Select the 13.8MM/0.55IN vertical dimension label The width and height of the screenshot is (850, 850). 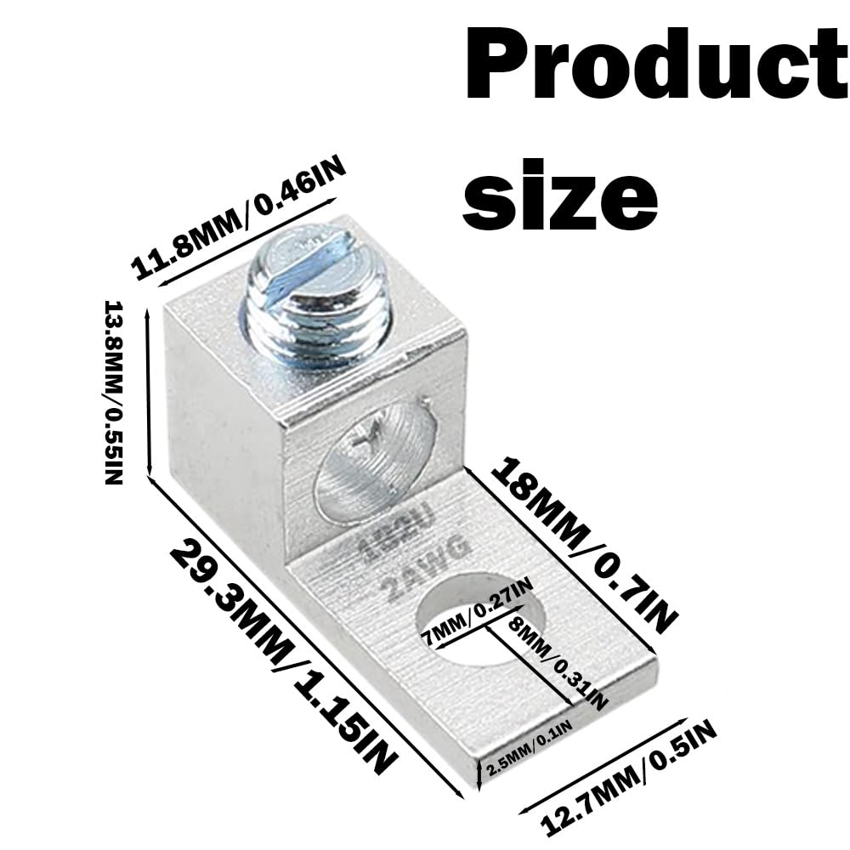click(113, 391)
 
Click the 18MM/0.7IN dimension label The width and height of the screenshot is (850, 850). click(586, 544)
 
